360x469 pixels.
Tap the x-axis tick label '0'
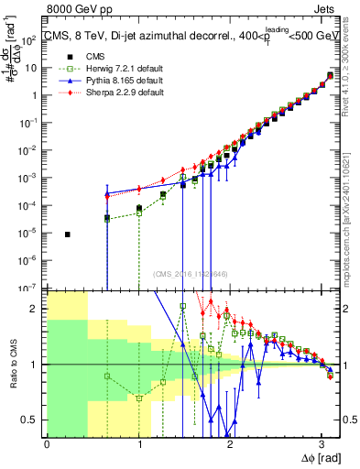(47, 443)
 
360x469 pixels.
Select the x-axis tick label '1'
(138, 443)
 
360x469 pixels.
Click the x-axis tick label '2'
(230, 443)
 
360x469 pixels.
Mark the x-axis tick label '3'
(322, 443)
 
